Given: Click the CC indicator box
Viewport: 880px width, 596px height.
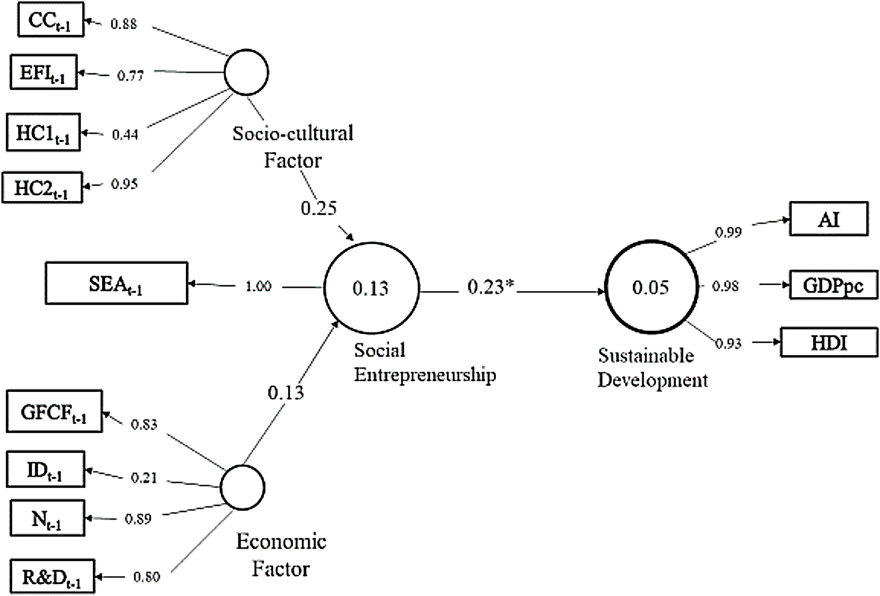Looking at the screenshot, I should click(51, 20).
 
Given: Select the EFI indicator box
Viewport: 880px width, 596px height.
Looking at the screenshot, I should click(44, 72).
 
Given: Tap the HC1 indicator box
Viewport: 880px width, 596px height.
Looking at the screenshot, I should click(43, 132).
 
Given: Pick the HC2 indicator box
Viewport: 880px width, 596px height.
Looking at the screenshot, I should click(42, 187).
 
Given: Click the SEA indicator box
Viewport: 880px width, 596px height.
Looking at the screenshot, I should click(116, 283).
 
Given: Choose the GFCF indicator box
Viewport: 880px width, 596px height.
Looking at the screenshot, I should click(54, 411).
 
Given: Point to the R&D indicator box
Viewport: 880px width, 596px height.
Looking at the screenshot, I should click(52, 576).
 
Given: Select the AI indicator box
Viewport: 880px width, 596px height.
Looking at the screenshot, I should click(828, 219).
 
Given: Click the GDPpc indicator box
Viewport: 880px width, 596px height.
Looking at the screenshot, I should click(833, 285).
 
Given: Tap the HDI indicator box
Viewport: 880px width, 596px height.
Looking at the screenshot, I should click(829, 342).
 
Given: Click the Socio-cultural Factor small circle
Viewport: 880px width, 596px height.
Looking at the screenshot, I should click(246, 72).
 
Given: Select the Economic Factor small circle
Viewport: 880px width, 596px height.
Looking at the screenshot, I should click(242, 487).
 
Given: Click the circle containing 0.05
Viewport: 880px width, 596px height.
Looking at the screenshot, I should click(651, 287).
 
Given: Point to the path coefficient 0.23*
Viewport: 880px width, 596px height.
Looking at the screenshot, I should click(491, 287).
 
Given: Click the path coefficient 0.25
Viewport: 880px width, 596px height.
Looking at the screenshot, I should click(319, 208).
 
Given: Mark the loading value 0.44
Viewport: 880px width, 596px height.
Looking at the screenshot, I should click(125, 134).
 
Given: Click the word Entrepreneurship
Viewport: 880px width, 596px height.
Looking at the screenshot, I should click(425, 375).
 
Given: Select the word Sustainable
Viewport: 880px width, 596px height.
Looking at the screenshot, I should click(646, 356).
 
